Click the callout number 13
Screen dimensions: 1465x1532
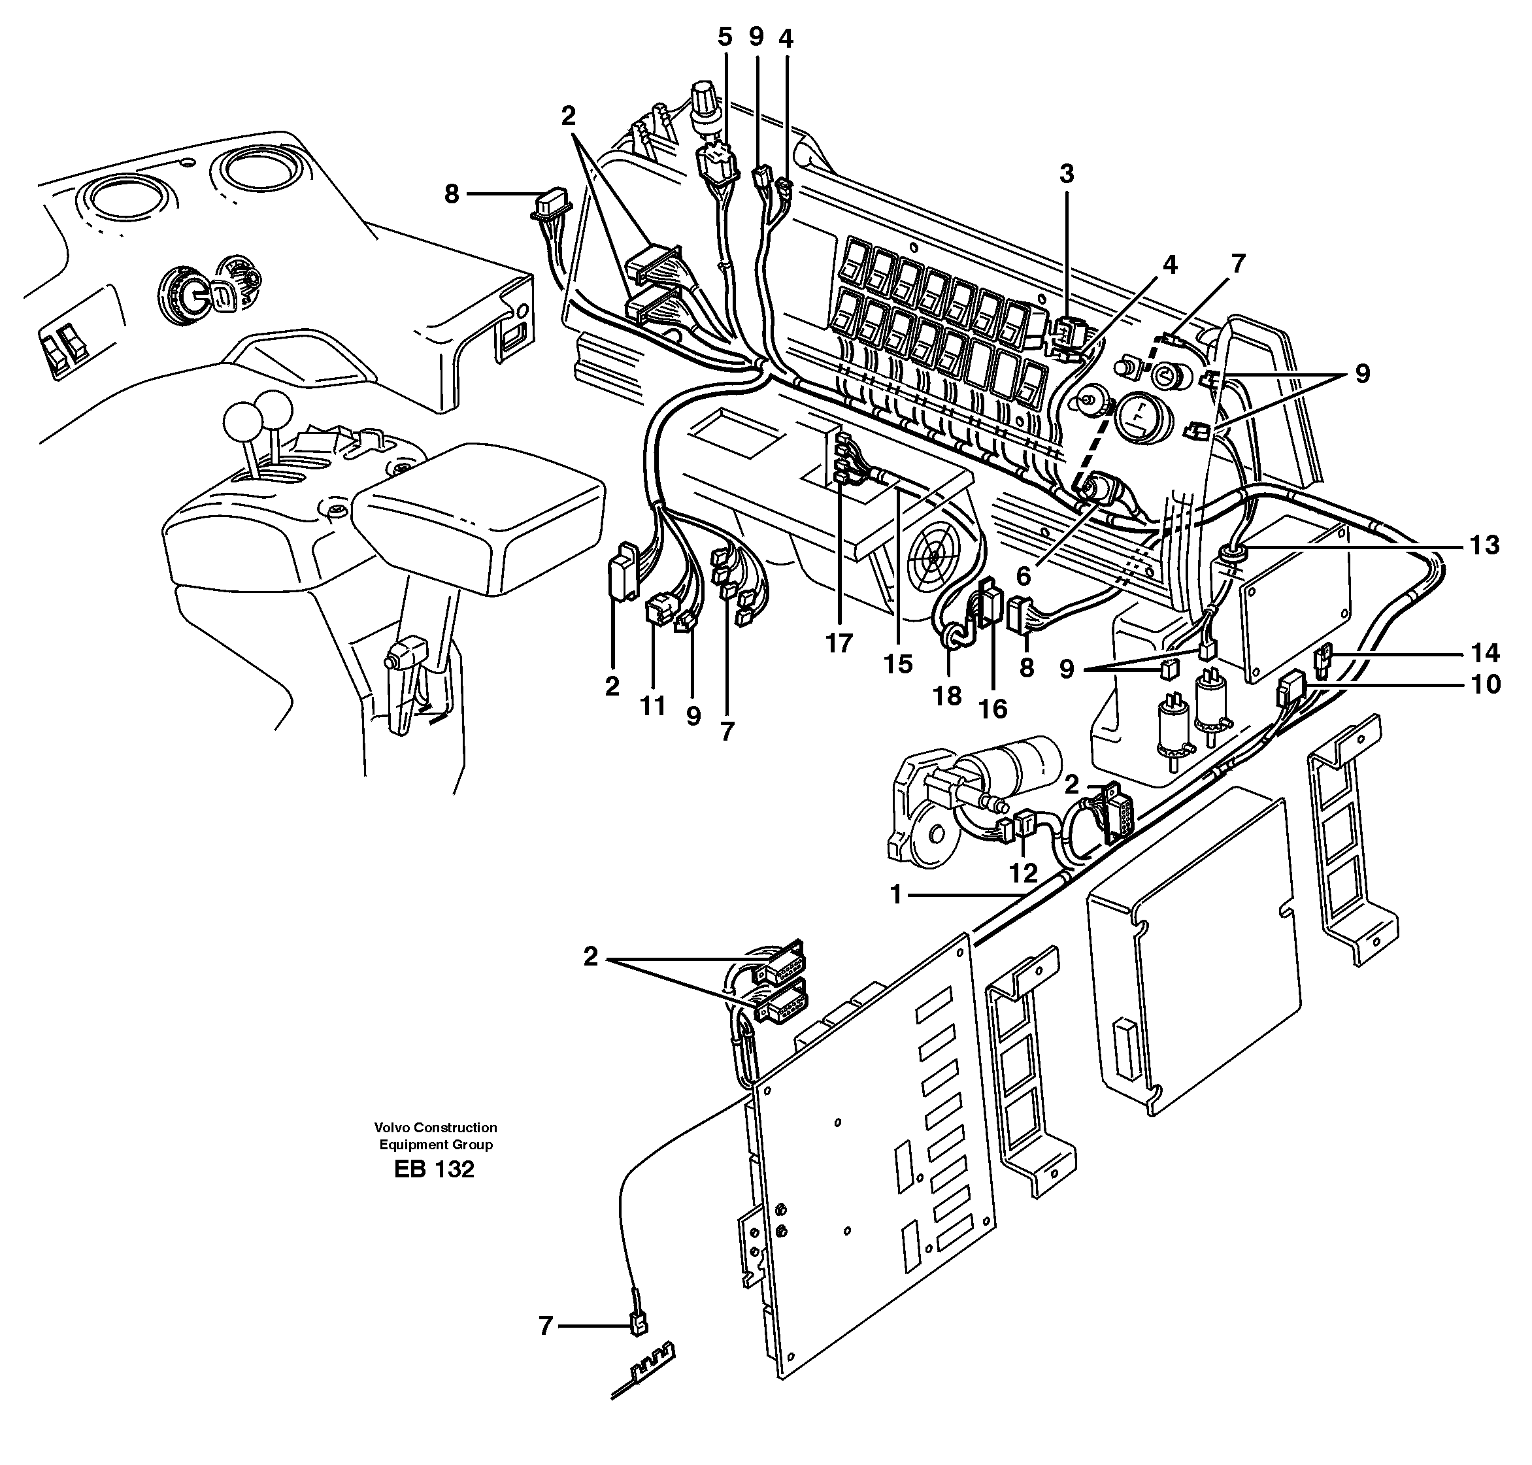1483,545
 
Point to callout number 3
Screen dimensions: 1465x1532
1067,174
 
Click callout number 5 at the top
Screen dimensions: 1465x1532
725,37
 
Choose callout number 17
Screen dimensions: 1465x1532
839,643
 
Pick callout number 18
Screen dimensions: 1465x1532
947,695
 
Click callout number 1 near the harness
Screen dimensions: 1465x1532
897,895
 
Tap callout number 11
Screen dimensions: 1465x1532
653,706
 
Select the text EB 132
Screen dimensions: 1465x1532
434,1169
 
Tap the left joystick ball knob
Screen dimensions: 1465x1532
239,422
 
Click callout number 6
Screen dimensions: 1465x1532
1023,577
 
